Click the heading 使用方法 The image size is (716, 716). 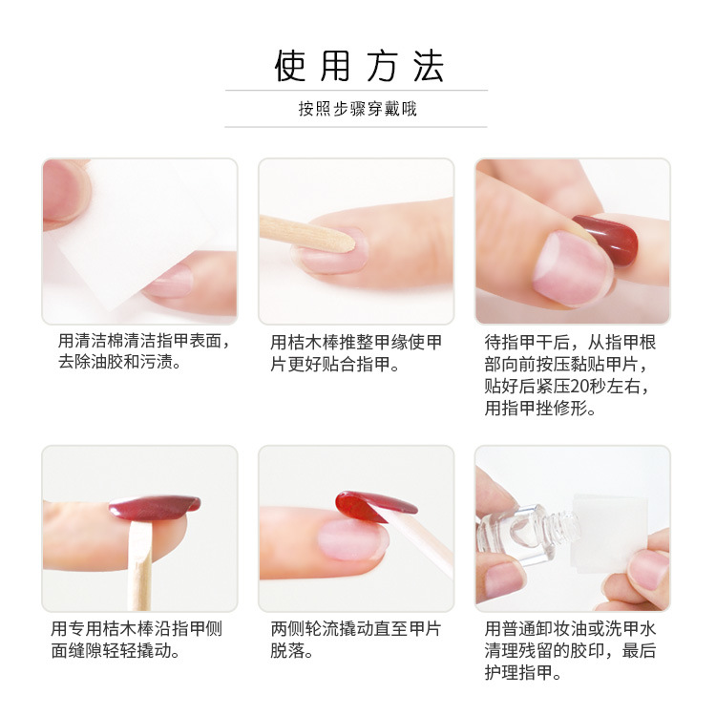[359, 66]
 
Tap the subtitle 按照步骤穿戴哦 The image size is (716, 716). [358, 109]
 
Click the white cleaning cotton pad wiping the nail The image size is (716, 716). [137, 228]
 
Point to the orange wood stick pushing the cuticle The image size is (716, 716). [306, 233]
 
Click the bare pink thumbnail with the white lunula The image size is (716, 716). [573, 268]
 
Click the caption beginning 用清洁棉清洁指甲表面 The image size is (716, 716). [145, 351]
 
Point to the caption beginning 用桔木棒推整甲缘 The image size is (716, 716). [356, 353]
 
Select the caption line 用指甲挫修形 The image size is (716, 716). [540, 409]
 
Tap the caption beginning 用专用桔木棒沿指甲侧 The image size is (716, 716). [137, 640]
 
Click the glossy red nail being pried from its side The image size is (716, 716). [156, 507]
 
